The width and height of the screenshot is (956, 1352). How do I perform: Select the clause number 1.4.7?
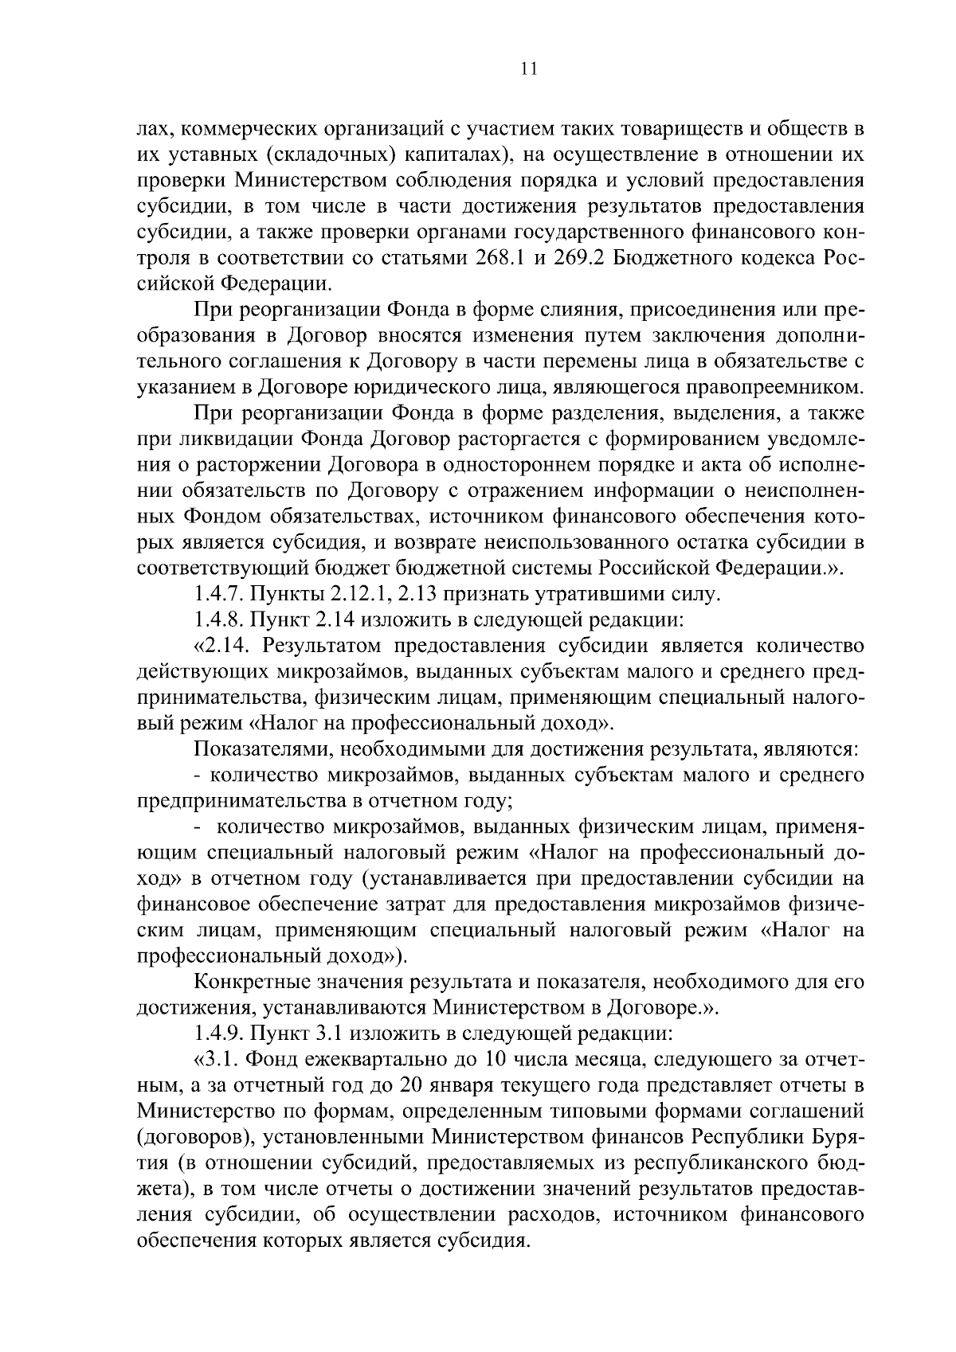(x=220, y=593)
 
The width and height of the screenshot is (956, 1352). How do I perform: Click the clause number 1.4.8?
(x=220, y=619)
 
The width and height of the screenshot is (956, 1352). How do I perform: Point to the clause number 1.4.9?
(x=220, y=1034)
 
